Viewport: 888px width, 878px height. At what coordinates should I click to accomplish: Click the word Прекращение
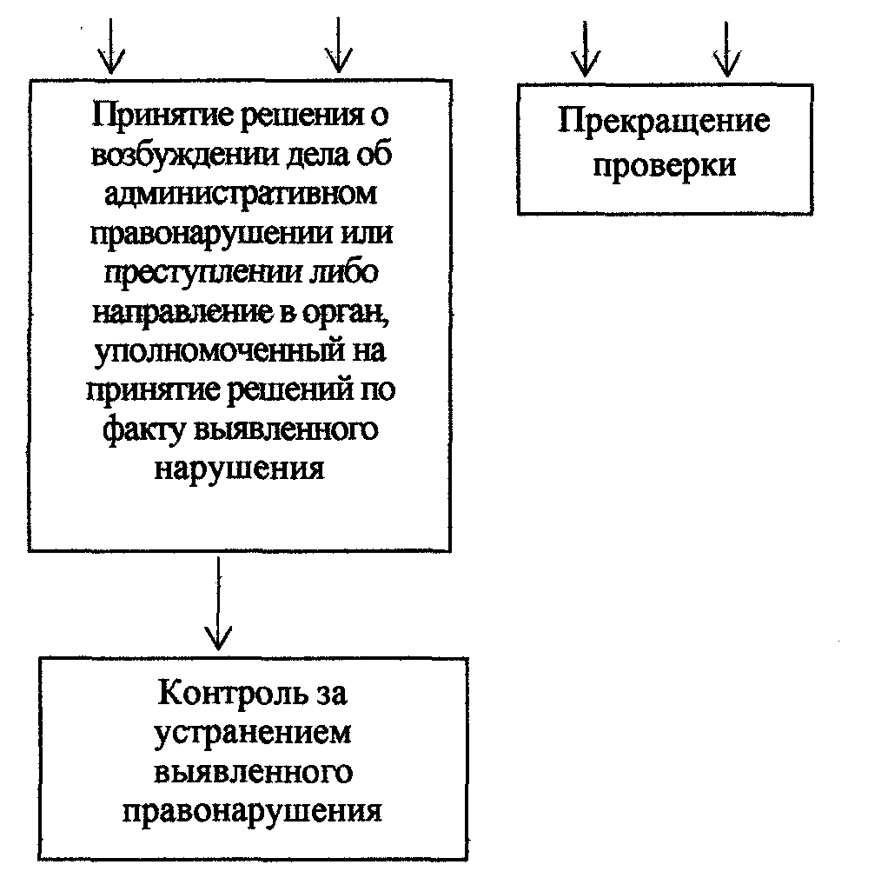click(x=663, y=122)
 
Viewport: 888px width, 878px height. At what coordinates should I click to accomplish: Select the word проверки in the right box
click(x=664, y=164)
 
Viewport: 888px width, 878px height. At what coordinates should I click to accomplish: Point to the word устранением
click(x=254, y=733)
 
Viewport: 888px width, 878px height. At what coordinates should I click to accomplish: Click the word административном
click(x=240, y=196)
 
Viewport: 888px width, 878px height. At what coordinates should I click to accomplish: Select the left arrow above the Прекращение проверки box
click(x=585, y=49)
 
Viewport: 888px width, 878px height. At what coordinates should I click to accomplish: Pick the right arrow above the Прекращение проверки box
click(x=726, y=49)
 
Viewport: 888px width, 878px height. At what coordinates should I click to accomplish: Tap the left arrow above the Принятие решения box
click(x=110, y=48)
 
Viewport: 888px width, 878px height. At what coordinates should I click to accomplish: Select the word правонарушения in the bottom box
click(x=253, y=810)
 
